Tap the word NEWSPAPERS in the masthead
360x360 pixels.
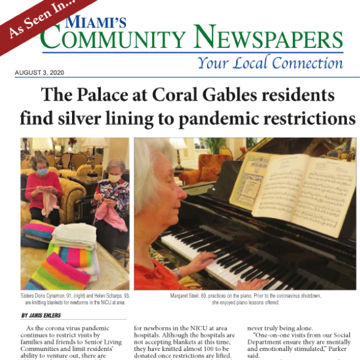coord(270,41)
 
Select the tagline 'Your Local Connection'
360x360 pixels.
coord(270,62)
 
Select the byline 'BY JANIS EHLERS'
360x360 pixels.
coord(42,316)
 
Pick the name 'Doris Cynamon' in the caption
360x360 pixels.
coord(50,296)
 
